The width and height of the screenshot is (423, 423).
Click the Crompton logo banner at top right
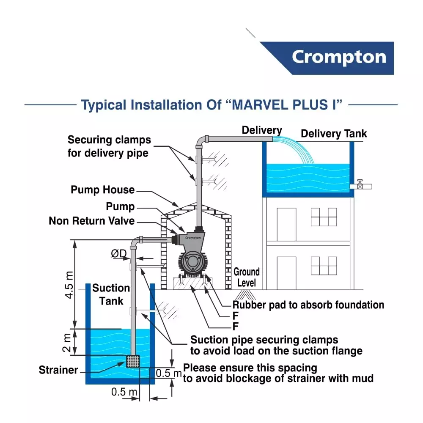(x=334, y=58)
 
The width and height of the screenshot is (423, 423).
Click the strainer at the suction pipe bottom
(x=133, y=361)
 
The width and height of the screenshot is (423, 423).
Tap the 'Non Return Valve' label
(x=92, y=221)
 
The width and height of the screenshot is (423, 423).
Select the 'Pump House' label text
(x=103, y=190)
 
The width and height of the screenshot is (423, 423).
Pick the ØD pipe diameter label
(x=119, y=254)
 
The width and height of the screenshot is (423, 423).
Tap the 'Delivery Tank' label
(x=334, y=134)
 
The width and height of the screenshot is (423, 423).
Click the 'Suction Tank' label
(x=111, y=294)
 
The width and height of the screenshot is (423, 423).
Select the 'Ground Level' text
(x=247, y=277)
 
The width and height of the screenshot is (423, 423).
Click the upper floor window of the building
(x=324, y=217)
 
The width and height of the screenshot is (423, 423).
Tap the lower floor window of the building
(x=324, y=266)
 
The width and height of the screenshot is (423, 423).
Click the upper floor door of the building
(x=286, y=224)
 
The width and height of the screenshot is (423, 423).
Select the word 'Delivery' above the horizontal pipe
(x=262, y=130)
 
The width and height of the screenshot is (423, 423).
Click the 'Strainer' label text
(x=58, y=370)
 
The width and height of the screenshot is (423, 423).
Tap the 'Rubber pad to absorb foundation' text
(x=308, y=305)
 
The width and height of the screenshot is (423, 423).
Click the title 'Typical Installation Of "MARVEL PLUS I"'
(x=211, y=104)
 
